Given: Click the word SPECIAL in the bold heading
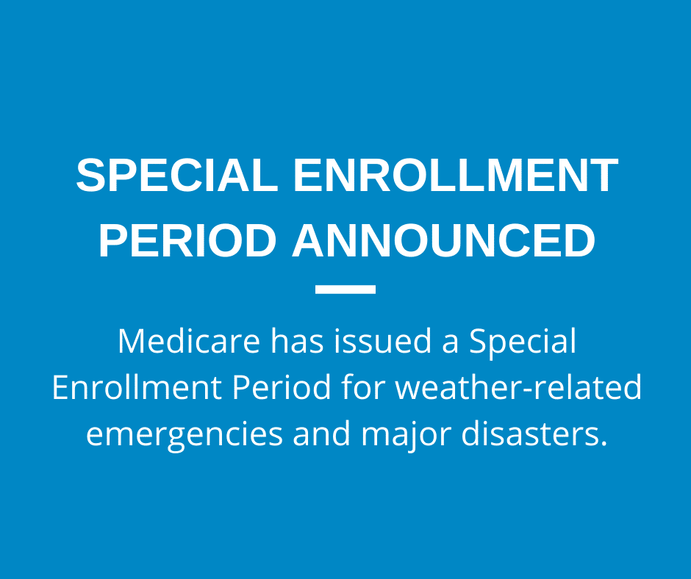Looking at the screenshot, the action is [177, 175].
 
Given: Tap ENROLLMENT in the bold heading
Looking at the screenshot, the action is [456, 175].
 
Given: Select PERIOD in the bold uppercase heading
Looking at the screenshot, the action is [187, 240].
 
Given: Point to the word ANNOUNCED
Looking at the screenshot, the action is [443, 240].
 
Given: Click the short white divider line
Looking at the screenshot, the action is [345, 289].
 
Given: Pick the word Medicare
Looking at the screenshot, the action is [189, 341].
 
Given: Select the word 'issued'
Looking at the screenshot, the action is [382, 341].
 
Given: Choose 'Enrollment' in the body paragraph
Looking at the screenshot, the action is [137, 387].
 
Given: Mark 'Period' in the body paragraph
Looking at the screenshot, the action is [282, 387].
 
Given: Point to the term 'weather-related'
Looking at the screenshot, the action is [518, 387].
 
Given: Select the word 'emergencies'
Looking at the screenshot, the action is [185, 434].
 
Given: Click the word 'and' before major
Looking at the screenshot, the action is [322, 433].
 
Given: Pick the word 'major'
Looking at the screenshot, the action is [406, 434].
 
